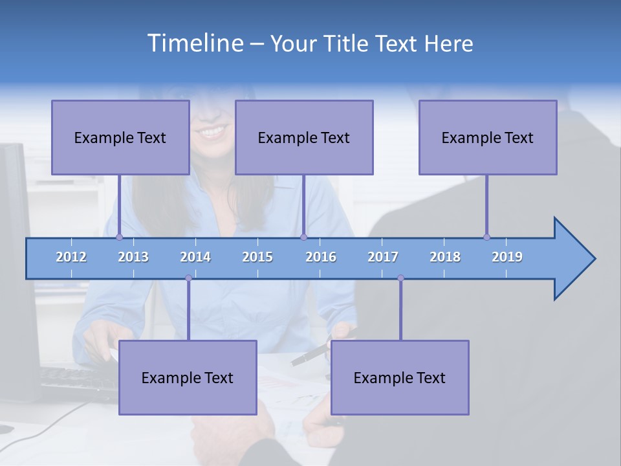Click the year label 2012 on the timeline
(71, 257)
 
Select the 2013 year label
(133, 257)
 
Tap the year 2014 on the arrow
(195, 257)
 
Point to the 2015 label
(257, 257)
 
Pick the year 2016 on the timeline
(321, 257)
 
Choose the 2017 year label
(383, 257)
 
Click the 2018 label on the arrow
(445, 257)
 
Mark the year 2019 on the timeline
(507, 257)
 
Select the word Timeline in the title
(195, 43)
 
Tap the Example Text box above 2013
(120, 137)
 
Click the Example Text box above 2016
(304, 137)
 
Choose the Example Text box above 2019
(488, 137)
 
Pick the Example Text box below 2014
(188, 377)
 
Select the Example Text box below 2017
(400, 377)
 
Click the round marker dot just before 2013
(119, 237)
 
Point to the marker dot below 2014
(188, 278)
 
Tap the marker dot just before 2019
(486, 237)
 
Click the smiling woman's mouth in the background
(213, 132)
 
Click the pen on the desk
(309, 355)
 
